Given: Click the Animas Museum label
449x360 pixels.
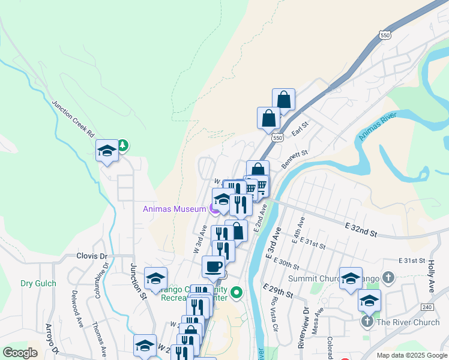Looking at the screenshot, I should click(x=174, y=209).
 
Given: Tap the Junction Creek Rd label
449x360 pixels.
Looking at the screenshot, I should click(x=73, y=117).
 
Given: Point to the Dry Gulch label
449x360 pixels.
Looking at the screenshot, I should click(x=38, y=283).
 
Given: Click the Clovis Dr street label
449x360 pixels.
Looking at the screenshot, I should click(x=91, y=256).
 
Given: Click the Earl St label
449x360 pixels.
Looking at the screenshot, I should click(x=300, y=128).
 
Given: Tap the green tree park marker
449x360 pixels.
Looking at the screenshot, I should click(x=122, y=145).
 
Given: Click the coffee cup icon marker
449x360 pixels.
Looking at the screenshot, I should click(x=213, y=266).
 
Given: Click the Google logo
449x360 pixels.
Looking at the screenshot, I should click(x=20, y=353).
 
